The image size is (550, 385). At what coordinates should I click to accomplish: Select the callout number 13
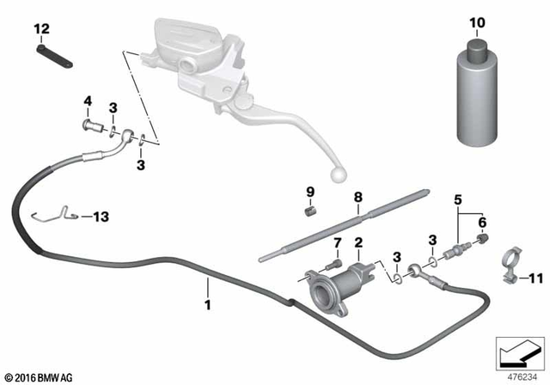(101, 217)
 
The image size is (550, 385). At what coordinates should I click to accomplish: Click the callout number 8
(357, 197)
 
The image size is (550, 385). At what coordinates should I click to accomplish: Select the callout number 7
(337, 242)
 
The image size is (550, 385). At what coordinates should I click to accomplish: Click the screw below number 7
(335, 262)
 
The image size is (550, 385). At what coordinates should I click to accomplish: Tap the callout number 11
(537, 278)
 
